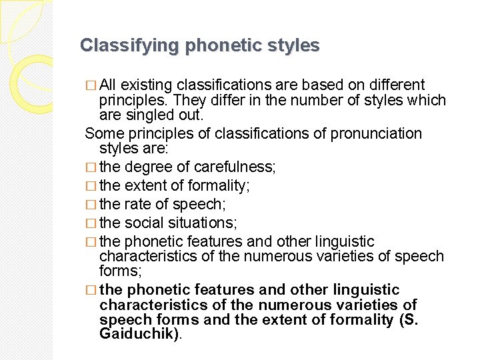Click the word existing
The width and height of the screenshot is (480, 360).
pos(147,85)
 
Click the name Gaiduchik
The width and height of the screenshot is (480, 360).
pos(139,335)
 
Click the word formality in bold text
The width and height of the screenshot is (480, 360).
pos(353,320)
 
